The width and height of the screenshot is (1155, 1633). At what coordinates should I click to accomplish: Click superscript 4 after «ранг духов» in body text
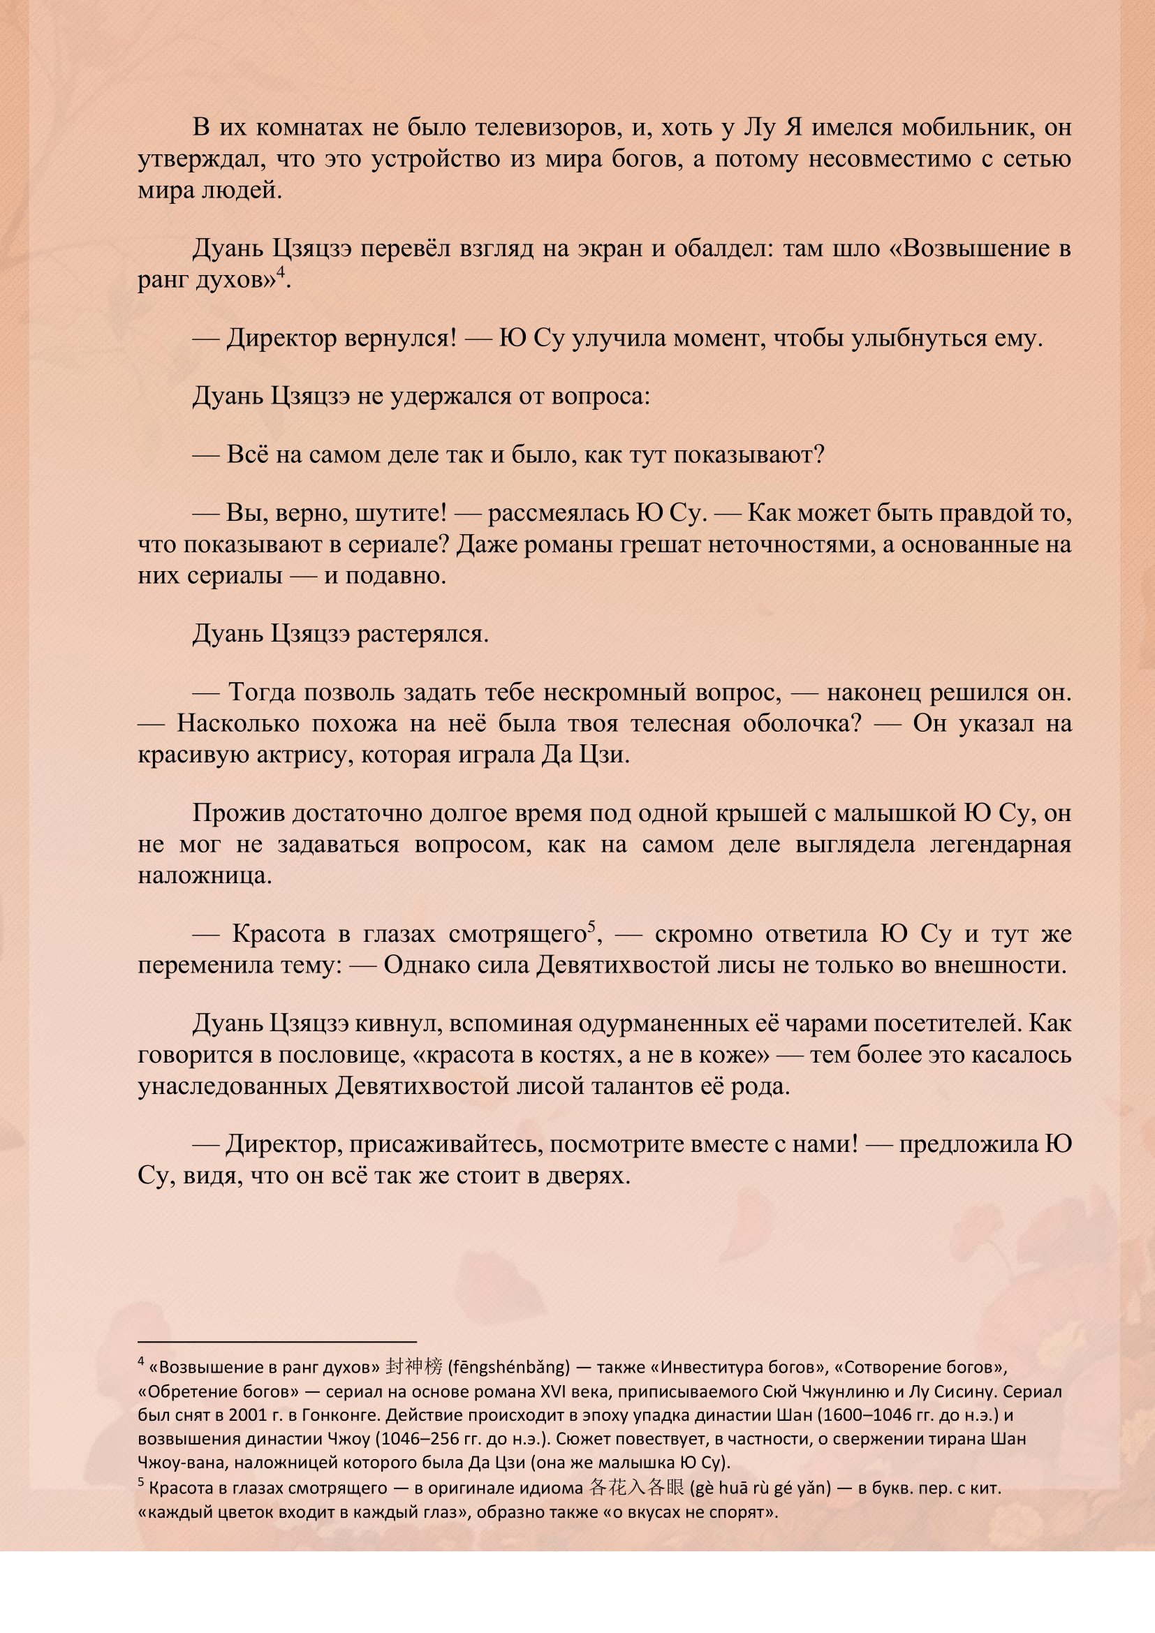281,272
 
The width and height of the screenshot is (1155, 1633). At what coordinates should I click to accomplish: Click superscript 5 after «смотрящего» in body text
591,927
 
